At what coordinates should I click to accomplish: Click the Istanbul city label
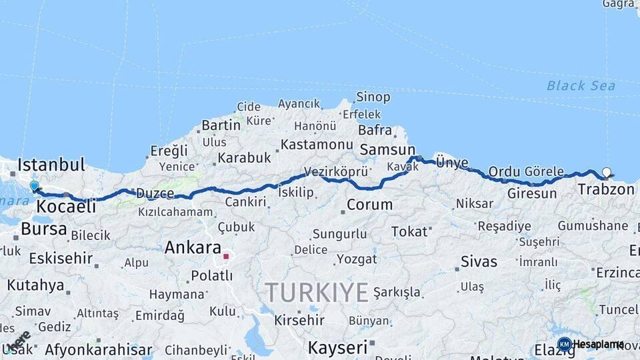point(51,164)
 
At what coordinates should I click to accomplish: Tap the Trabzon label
point(606,189)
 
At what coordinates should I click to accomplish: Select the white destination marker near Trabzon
point(606,173)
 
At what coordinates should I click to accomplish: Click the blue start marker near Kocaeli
point(34,186)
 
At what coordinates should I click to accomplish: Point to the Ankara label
point(193,247)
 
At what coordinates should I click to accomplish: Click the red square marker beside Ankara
point(226,256)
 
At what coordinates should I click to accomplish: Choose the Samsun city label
point(387,150)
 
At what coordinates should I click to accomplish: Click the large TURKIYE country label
point(317,292)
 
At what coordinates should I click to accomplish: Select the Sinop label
point(373,97)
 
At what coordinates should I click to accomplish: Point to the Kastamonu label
point(316,144)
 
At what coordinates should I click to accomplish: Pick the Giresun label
point(531,193)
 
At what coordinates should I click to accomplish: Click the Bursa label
point(44,229)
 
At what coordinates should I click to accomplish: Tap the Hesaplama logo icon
point(565,344)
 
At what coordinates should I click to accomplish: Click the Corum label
point(369,205)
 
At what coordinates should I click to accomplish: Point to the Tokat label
point(409,231)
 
